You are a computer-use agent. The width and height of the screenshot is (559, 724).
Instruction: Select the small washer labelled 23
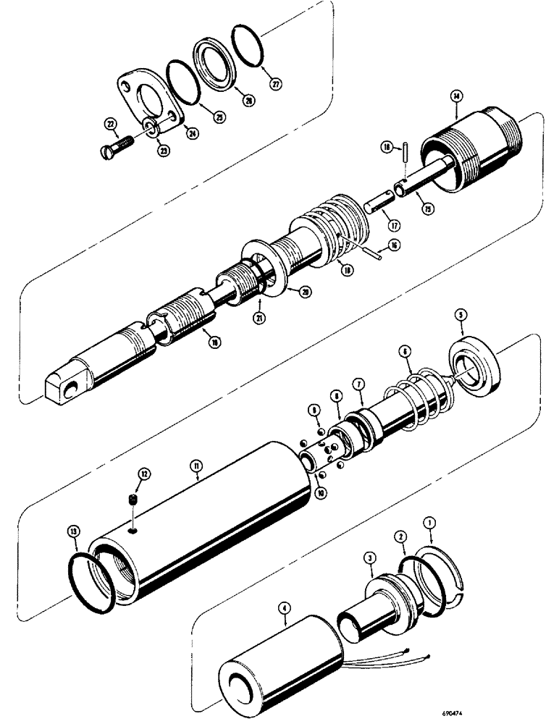(x=151, y=129)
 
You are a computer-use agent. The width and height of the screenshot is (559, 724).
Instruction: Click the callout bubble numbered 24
(x=192, y=132)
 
